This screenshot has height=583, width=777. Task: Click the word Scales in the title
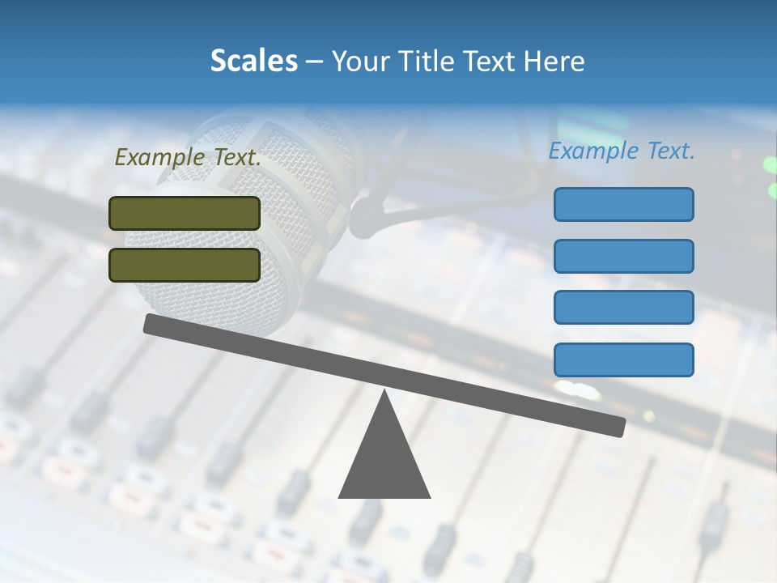tap(253, 61)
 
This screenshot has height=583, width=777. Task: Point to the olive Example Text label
tap(188, 157)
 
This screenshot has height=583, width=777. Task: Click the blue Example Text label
tap(622, 151)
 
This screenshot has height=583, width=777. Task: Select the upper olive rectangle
tap(185, 213)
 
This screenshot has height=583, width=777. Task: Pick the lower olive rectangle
tap(185, 265)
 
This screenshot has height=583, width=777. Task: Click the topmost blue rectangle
tap(623, 204)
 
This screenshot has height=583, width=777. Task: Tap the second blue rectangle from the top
tap(623, 256)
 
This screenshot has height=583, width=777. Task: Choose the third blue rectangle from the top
tap(623, 307)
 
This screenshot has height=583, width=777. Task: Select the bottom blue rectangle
tap(623, 360)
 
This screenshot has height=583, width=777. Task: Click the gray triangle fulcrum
tap(384, 462)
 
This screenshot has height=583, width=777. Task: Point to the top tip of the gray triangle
tap(384, 393)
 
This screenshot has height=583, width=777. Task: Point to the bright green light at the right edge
tap(770, 166)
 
